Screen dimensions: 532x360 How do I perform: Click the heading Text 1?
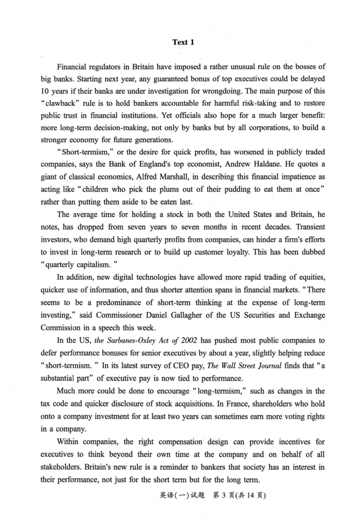coord(183,42)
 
